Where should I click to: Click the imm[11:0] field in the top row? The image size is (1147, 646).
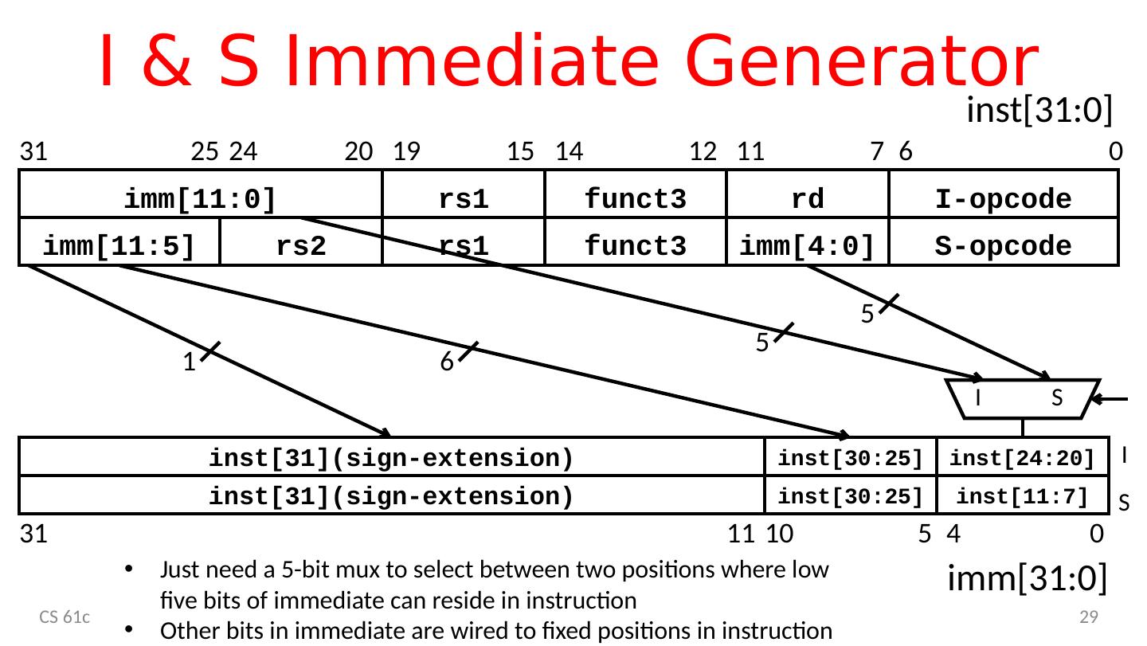[x=200, y=198]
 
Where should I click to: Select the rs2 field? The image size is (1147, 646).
[x=300, y=246]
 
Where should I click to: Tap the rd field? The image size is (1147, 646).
[x=807, y=198]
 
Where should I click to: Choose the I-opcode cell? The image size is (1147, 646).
[x=1003, y=199]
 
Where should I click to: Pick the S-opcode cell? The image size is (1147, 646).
[x=1003, y=246]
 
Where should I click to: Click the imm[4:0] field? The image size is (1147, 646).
[x=807, y=246]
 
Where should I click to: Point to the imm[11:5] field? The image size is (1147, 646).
[x=119, y=246]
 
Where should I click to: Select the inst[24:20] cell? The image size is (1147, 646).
[x=1022, y=458]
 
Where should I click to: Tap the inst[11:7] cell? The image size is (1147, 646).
[x=1022, y=496]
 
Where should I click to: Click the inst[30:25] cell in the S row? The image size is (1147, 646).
[x=850, y=496]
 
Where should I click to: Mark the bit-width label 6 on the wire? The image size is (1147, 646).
[x=447, y=362]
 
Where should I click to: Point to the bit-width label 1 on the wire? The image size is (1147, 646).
[x=188, y=362]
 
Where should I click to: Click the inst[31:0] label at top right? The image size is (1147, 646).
[x=1038, y=111]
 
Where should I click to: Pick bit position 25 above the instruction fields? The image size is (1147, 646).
[x=206, y=151]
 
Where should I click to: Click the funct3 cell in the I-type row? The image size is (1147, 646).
[x=635, y=199]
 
